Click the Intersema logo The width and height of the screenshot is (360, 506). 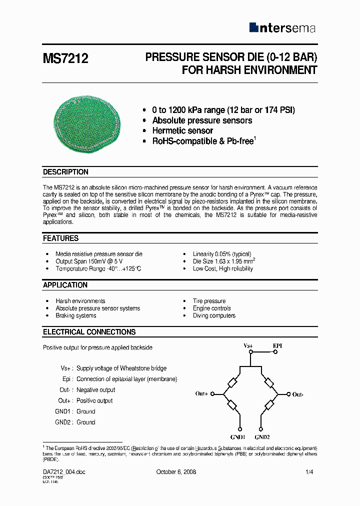(x=282, y=28)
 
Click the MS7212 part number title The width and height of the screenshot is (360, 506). (x=65, y=59)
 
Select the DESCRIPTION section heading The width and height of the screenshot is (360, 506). (x=65, y=172)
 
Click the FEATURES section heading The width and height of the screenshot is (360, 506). (x=60, y=238)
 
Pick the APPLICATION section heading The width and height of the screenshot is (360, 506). (x=65, y=285)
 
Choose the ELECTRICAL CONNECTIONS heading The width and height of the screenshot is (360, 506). (x=89, y=332)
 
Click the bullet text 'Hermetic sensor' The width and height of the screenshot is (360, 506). (x=182, y=130)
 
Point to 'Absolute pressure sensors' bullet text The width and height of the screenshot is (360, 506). (x=202, y=120)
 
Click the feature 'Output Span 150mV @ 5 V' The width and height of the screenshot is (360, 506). (x=89, y=261)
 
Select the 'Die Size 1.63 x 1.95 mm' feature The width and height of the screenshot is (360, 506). (x=224, y=261)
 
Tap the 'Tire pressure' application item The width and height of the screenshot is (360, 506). (x=209, y=301)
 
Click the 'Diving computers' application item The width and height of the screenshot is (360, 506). (x=214, y=315)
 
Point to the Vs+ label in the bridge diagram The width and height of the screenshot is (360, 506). (x=248, y=346)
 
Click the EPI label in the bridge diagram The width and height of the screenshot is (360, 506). (x=277, y=346)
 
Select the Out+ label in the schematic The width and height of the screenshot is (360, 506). (x=202, y=394)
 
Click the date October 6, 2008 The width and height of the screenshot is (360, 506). (x=176, y=472)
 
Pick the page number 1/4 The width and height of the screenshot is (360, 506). (x=309, y=472)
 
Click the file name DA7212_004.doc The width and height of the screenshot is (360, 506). (x=64, y=472)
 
